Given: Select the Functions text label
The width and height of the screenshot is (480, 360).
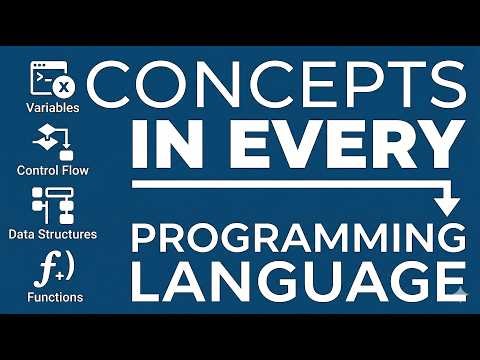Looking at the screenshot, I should point(56,297).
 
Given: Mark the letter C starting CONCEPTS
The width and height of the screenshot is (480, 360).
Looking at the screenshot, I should point(116,89).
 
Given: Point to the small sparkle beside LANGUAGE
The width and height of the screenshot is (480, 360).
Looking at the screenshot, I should point(461,295).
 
